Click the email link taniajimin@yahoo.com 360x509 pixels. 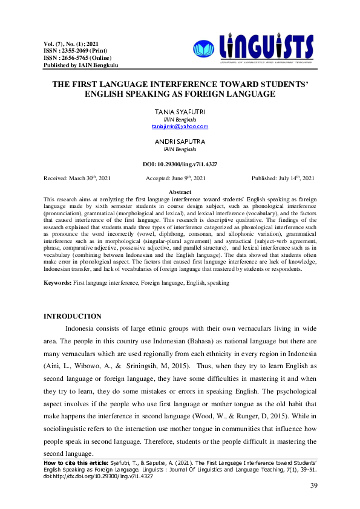(180, 126)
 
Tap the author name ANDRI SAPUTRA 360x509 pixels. (180, 141)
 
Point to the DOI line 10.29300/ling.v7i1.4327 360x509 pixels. (180, 164)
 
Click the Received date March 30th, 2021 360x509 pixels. (77, 178)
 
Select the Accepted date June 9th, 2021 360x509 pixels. (176, 178)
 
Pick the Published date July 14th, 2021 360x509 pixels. (283, 178)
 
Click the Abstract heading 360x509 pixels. (180, 192)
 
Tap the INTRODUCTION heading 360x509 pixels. (74, 316)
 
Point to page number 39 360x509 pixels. (313, 486)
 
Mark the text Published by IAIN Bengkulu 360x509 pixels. (81, 65)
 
